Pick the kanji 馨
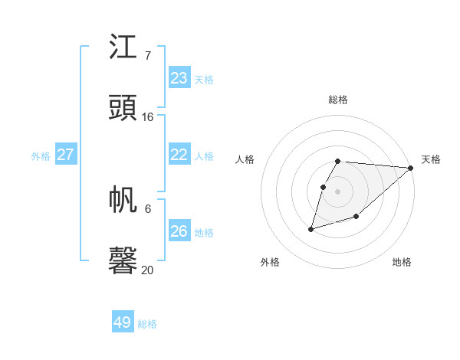(x=123, y=260)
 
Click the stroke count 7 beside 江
(x=147, y=56)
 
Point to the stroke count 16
(x=147, y=117)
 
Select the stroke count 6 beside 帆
(x=147, y=208)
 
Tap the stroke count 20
(x=147, y=270)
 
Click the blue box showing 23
(x=179, y=78)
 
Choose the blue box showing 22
(x=179, y=155)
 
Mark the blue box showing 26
(x=179, y=231)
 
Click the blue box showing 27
(x=65, y=155)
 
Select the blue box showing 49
(x=123, y=322)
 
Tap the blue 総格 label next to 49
(x=147, y=324)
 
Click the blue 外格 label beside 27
(x=41, y=156)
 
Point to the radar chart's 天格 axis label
(x=431, y=159)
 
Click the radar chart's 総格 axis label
(x=338, y=100)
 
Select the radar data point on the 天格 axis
(x=411, y=168)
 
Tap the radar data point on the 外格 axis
(x=311, y=228)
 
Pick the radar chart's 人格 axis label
(x=245, y=159)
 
